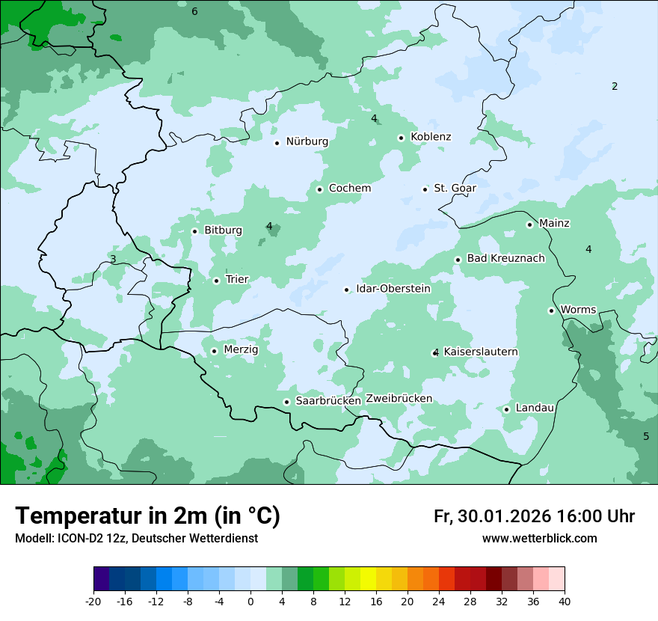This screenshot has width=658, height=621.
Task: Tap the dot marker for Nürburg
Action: click(x=277, y=143)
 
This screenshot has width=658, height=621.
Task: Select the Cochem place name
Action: click(x=350, y=189)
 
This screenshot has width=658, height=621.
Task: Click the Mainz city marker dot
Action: click(x=529, y=224)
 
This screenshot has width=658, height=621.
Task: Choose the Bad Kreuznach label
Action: click(x=505, y=259)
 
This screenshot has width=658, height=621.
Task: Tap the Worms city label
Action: click(x=578, y=310)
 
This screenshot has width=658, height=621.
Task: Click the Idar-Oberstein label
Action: click(x=393, y=289)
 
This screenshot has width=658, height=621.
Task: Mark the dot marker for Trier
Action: click(x=216, y=281)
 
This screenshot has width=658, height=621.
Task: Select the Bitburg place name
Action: click(x=223, y=230)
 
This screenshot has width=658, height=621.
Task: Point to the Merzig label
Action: click(x=241, y=350)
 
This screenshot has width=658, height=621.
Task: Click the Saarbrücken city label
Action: click(x=328, y=401)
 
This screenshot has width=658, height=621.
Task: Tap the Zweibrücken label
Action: click(x=399, y=399)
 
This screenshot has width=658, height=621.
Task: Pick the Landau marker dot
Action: click(x=506, y=409)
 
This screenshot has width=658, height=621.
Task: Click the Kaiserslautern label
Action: click(x=481, y=352)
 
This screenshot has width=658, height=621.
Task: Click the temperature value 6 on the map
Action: click(x=194, y=11)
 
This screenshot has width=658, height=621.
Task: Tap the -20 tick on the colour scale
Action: click(x=93, y=602)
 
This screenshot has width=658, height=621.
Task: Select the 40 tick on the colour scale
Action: click(x=565, y=602)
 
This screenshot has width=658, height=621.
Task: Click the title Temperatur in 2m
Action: click(x=147, y=516)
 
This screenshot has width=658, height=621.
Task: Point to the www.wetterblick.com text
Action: click(x=539, y=539)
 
